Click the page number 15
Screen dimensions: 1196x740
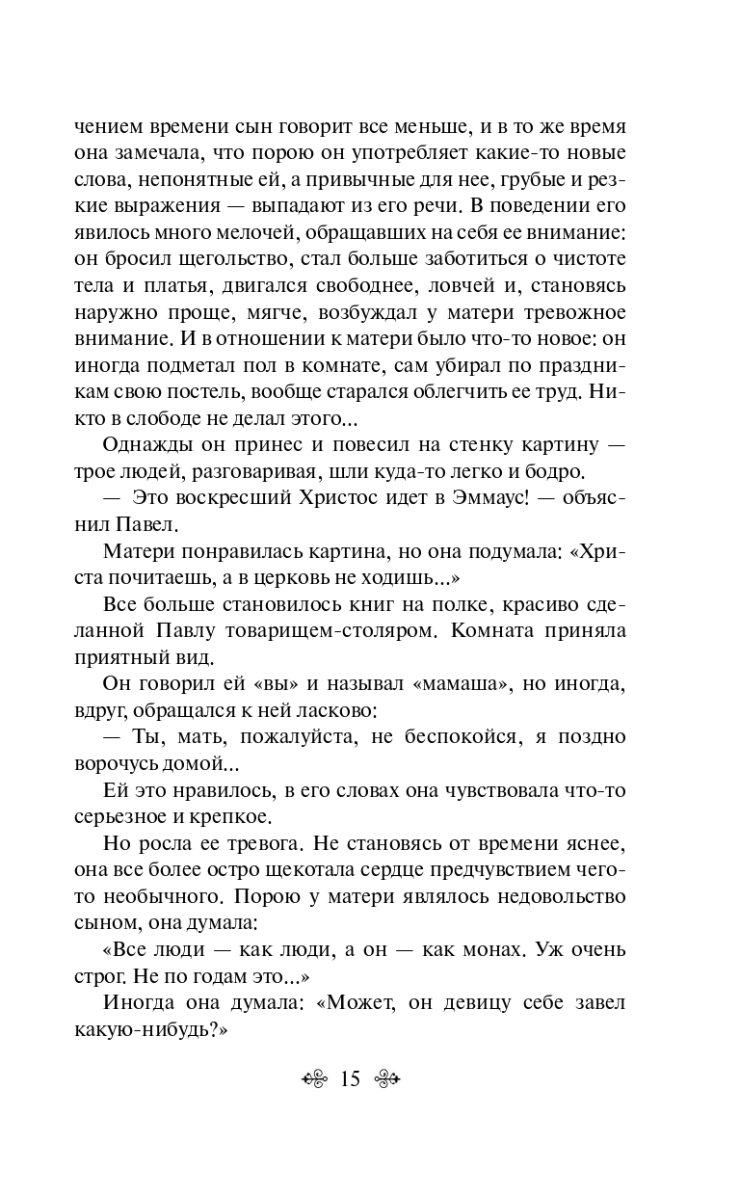[x=350, y=1078]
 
